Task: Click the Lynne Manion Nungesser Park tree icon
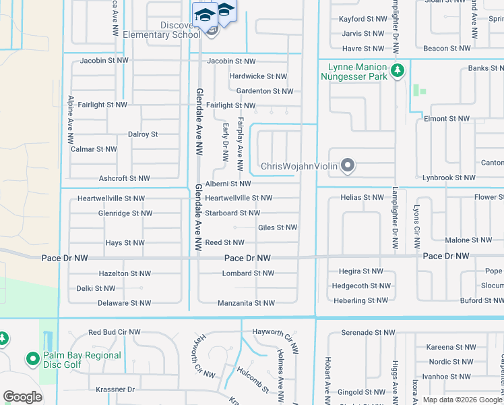(x=398, y=70)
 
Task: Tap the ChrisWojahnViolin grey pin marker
(x=348, y=165)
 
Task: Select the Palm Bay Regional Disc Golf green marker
(x=32, y=358)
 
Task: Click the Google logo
(x=22, y=397)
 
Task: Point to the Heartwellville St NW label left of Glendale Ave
(x=111, y=198)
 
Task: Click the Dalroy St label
(x=142, y=134)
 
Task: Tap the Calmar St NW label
(x=94, y=149)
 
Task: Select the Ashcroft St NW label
(x=124, y=178)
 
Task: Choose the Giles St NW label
(x=278, y=227)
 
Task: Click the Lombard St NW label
(x=248, y=273)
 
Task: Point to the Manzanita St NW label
(x=246, y=303)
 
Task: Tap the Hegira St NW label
(x=357, y=271)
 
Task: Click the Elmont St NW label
(x=447, y=119)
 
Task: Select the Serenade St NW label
(x=368, y=333)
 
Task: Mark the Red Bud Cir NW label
(x=115, y=332)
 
